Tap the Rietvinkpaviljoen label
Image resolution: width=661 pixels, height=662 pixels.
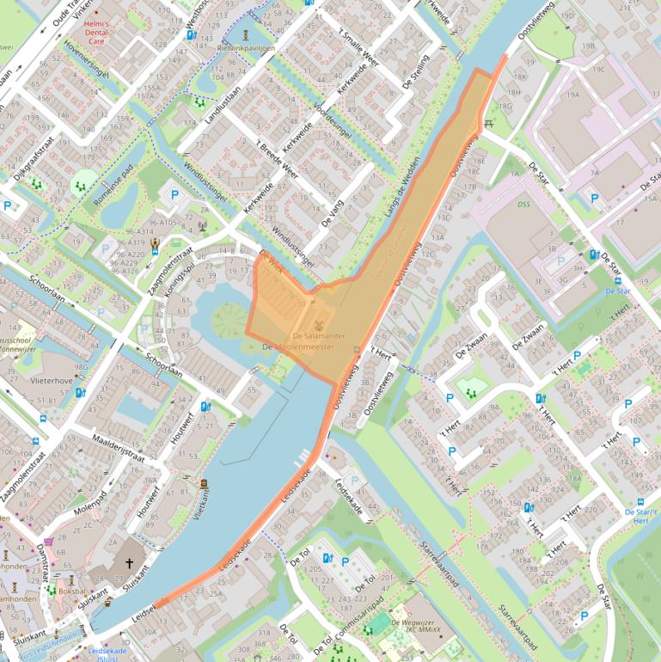tap(247, 48)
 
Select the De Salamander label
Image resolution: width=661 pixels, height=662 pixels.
tap(319, 335)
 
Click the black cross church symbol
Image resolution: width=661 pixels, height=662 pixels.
tap(130, 564)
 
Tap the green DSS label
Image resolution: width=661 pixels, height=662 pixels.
tap(523, 205)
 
